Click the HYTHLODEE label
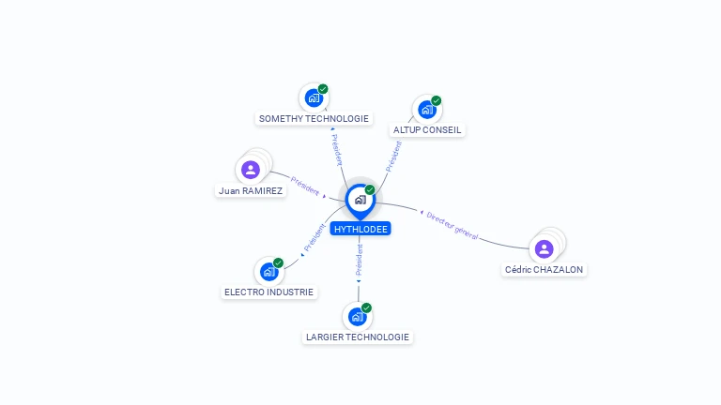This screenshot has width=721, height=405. (x=360, y=229)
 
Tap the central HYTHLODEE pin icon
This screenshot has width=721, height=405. (x=360, y=200)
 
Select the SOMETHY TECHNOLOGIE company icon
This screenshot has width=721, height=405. (x=314, y=97)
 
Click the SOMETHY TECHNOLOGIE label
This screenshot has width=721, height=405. (x=314, y=119)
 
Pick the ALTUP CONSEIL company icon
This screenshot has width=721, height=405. (x=427, y=110)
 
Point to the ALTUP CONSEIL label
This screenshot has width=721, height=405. (x=427, y=130)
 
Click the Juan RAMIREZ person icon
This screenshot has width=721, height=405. (x=251, y=170)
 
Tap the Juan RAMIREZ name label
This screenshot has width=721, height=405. (x=251, y=190)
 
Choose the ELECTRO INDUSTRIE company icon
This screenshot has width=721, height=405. (x=269, y=272)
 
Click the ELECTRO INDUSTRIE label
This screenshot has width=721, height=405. (x=269, y=292)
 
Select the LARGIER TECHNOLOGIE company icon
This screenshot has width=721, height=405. (x=358, y=316)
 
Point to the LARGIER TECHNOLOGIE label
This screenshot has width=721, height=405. (x=358, y=337)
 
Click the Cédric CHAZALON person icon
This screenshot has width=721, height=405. (x=544, y=248)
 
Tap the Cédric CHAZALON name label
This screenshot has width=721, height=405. (x=545, y=270)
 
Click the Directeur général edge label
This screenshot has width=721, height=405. (x=453, y=225)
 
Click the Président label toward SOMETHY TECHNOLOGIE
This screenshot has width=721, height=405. (x=337, y=149)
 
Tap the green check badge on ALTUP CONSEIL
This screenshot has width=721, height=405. (x=437, y=100)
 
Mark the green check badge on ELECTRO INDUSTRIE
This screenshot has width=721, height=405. (x=279, y=262)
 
